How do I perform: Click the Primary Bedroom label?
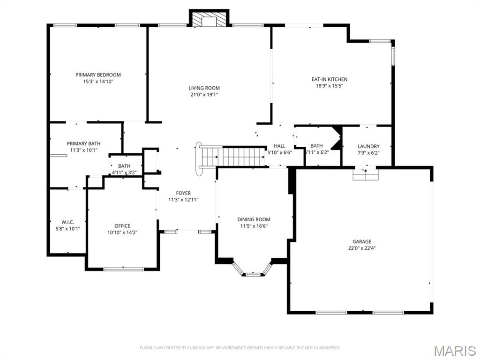coord(98,75)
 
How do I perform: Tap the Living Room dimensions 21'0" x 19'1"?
coord(204,94)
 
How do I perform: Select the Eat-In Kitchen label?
coord(330,79)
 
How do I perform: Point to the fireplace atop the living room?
coord(209,20)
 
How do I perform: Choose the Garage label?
coord(362,241)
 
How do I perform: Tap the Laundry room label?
coord(368,146)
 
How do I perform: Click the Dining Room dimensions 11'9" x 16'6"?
coord(254,226)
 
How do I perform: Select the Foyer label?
coord(183,193)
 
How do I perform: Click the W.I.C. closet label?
coord(68,222)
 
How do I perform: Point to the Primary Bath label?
coord(83,143)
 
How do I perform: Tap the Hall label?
coord(279,146)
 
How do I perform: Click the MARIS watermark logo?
coord(454,350)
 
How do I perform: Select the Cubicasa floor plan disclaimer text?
coord(240,348)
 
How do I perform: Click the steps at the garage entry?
coord(365,174)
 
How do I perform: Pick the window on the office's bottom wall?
coord(124,269)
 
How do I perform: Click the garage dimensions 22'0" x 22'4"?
coord(362,248)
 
